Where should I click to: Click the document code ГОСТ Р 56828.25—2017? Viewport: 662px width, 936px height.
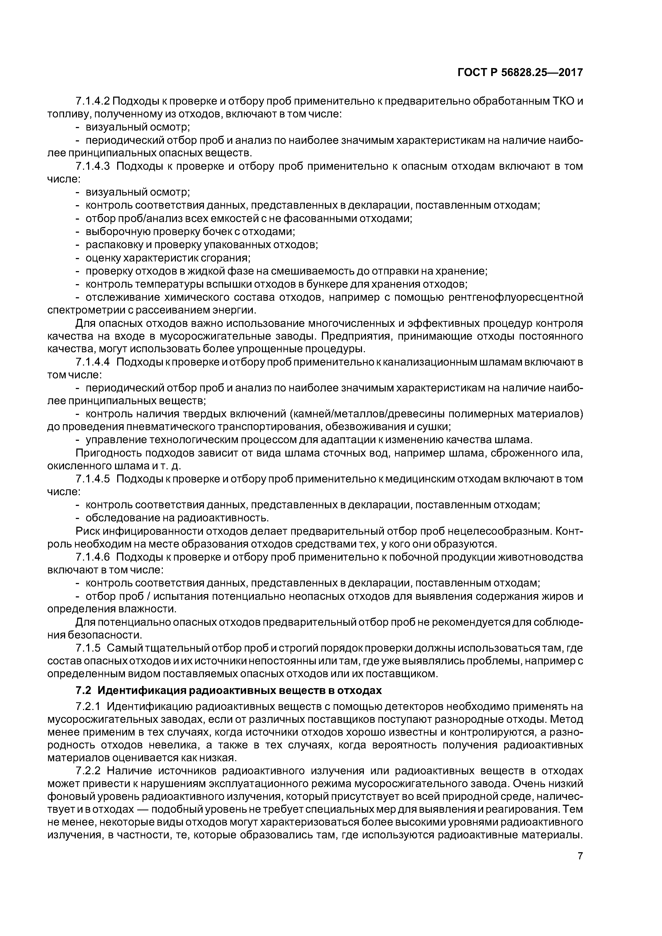(x=520, y=73)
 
